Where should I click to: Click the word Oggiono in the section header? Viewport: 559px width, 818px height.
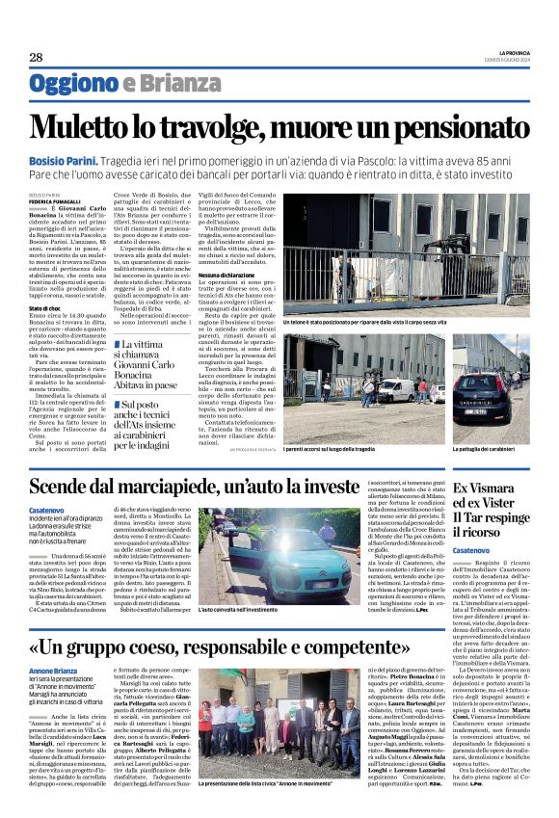pyautogui.click(x=73, y=84)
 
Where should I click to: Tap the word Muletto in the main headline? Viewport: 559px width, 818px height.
pyautogui.click(x=84, y=128)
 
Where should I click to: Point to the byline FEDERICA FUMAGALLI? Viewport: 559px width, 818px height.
pyautogui.click(x=55, y=201)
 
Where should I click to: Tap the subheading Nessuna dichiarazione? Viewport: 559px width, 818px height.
pyautogui.click(x=225, y=274)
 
